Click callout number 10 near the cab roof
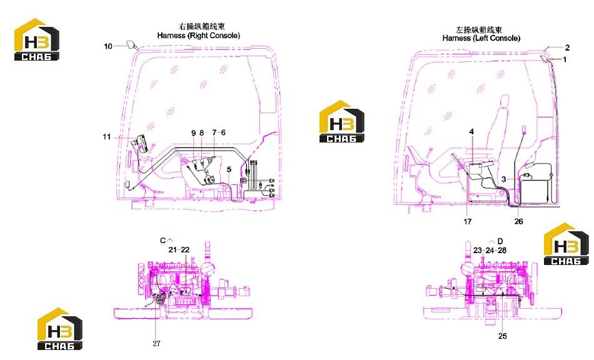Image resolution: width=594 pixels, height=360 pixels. pyautogui.click(x=108, y=46)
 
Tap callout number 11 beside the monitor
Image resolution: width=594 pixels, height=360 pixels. pyautogui.click(x=106, y=137)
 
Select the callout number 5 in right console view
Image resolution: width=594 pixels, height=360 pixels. pyautogui.click(x=229, y=169)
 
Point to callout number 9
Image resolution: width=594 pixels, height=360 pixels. pyautogui.click(x=193, y=133)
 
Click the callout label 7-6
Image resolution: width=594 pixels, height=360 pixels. pyautogui.click(x=219, y=132)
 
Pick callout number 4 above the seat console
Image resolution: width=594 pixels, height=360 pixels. pyautogui.click(x=471, y=131)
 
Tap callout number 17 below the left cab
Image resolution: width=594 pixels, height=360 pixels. pyautogui.click(x=468, y=221)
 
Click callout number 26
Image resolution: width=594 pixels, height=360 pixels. pyautogui.click(x=518, y=221)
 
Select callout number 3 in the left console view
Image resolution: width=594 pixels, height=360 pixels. pyautogui.click(x=503, y=179)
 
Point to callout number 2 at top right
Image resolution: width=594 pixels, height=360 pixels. pyautogui.click(x=567, y=47)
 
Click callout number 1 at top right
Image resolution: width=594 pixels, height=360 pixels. pyautogui.click(x=565, y=59)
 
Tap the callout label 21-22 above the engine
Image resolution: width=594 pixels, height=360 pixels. pyautogui.click(x=179, y=250)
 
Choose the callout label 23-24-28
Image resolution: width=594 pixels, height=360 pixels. pyautogui.click(x=490, y=250)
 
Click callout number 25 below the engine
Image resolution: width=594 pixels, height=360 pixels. pyautogui.click(x=502, y=336)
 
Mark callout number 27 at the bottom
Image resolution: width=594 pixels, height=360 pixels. pyautogui.click(x=156, y=343)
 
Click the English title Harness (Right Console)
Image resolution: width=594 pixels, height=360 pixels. pyautogui.click(x=198, y=36)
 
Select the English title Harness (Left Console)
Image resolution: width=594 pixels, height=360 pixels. pyautogui.click(x=481, y=38)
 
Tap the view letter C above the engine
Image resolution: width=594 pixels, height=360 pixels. pyautogui.click(x=163, y=241)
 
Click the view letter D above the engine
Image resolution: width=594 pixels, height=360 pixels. pyautogui.click(x=500, y=241)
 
